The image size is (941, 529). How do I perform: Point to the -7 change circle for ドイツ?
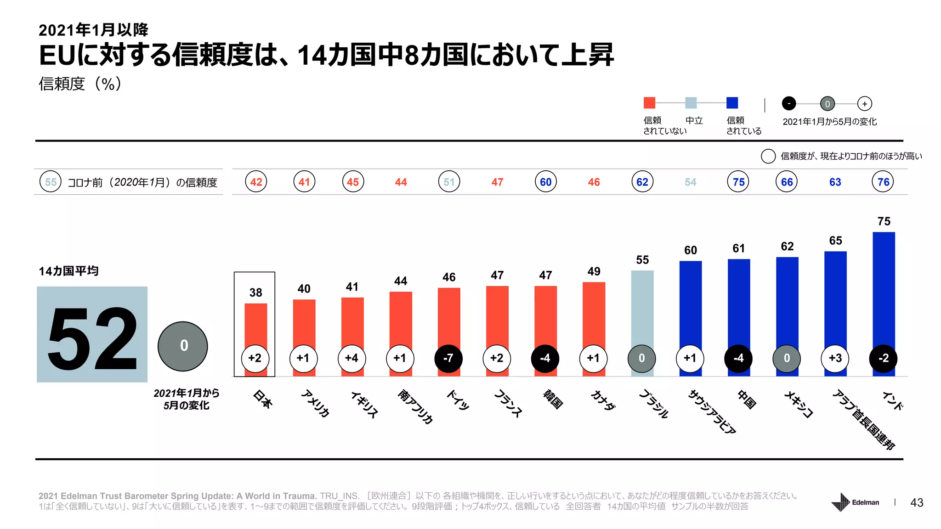(448, 358)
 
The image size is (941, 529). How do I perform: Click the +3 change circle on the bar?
(835, 358)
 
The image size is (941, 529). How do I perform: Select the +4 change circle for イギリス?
(351, 358)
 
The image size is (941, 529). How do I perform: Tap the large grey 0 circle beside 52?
(183, 346)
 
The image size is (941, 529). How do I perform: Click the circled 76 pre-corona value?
(883, 182)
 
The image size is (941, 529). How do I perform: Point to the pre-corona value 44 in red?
(401, 182)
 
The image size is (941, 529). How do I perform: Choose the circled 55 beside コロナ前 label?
(51, 182)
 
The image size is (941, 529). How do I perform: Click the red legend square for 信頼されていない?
(649, 103)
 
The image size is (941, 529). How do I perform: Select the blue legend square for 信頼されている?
(732, 103)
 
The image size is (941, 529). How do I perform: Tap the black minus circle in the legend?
(789, 104)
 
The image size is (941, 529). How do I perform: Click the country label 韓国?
(553, 399)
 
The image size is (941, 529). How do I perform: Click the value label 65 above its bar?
(835, 241)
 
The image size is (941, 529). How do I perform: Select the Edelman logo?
(855, 502)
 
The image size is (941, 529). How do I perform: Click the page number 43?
(917, 503)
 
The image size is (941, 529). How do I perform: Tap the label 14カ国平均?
(68, 271)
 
